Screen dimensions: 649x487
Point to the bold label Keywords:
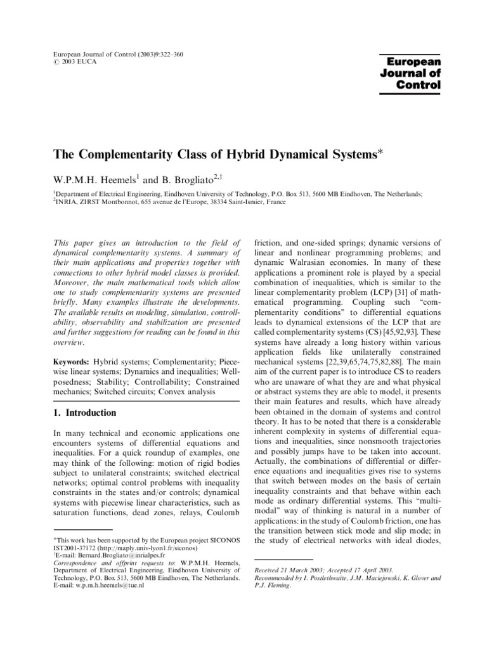71,360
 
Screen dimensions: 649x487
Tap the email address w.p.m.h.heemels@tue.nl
110,586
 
